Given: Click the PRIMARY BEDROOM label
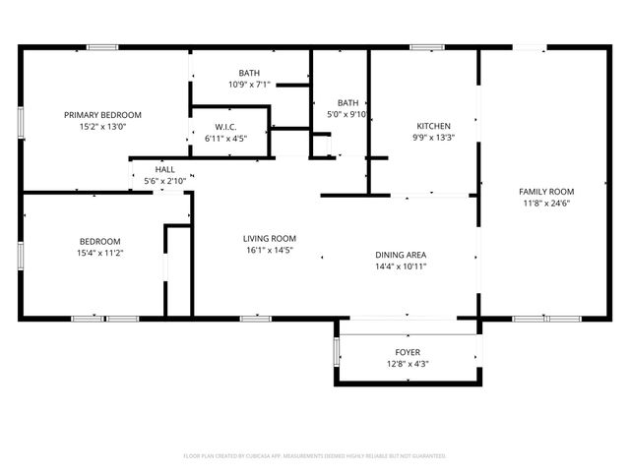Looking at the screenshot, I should click(x=103, y=114).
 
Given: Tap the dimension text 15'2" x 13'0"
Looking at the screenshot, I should click(x=103, y=126).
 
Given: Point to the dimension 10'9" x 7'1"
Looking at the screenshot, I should click(x=249, y=85).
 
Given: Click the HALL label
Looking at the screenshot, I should click(x=164, y=169).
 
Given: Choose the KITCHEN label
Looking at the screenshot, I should click(x=433, y=126).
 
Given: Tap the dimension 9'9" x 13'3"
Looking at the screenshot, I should click(x=433, y=138).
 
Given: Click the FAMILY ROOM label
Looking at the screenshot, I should click(x=546, y=191).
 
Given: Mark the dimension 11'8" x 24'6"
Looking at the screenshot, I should click(x=546, y=203).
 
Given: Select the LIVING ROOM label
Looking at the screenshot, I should click(x=270, y=238).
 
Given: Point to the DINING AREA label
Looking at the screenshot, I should click(x=400, y=255).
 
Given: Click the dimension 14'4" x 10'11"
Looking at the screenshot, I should click(x=400, y=266).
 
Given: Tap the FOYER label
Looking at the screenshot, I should click(x=408, y=351).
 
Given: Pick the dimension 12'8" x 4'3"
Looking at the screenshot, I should click(x=408, y=364).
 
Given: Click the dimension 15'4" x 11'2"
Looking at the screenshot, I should click(x=99, y=253).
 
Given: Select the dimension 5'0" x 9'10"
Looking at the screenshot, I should click(x=347, y=114).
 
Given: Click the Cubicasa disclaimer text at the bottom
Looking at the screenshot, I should click(x=315, y=455).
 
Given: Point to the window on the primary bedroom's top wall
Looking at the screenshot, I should click(x=102, y=47).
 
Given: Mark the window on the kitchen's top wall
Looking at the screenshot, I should click(x=426, y=47).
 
